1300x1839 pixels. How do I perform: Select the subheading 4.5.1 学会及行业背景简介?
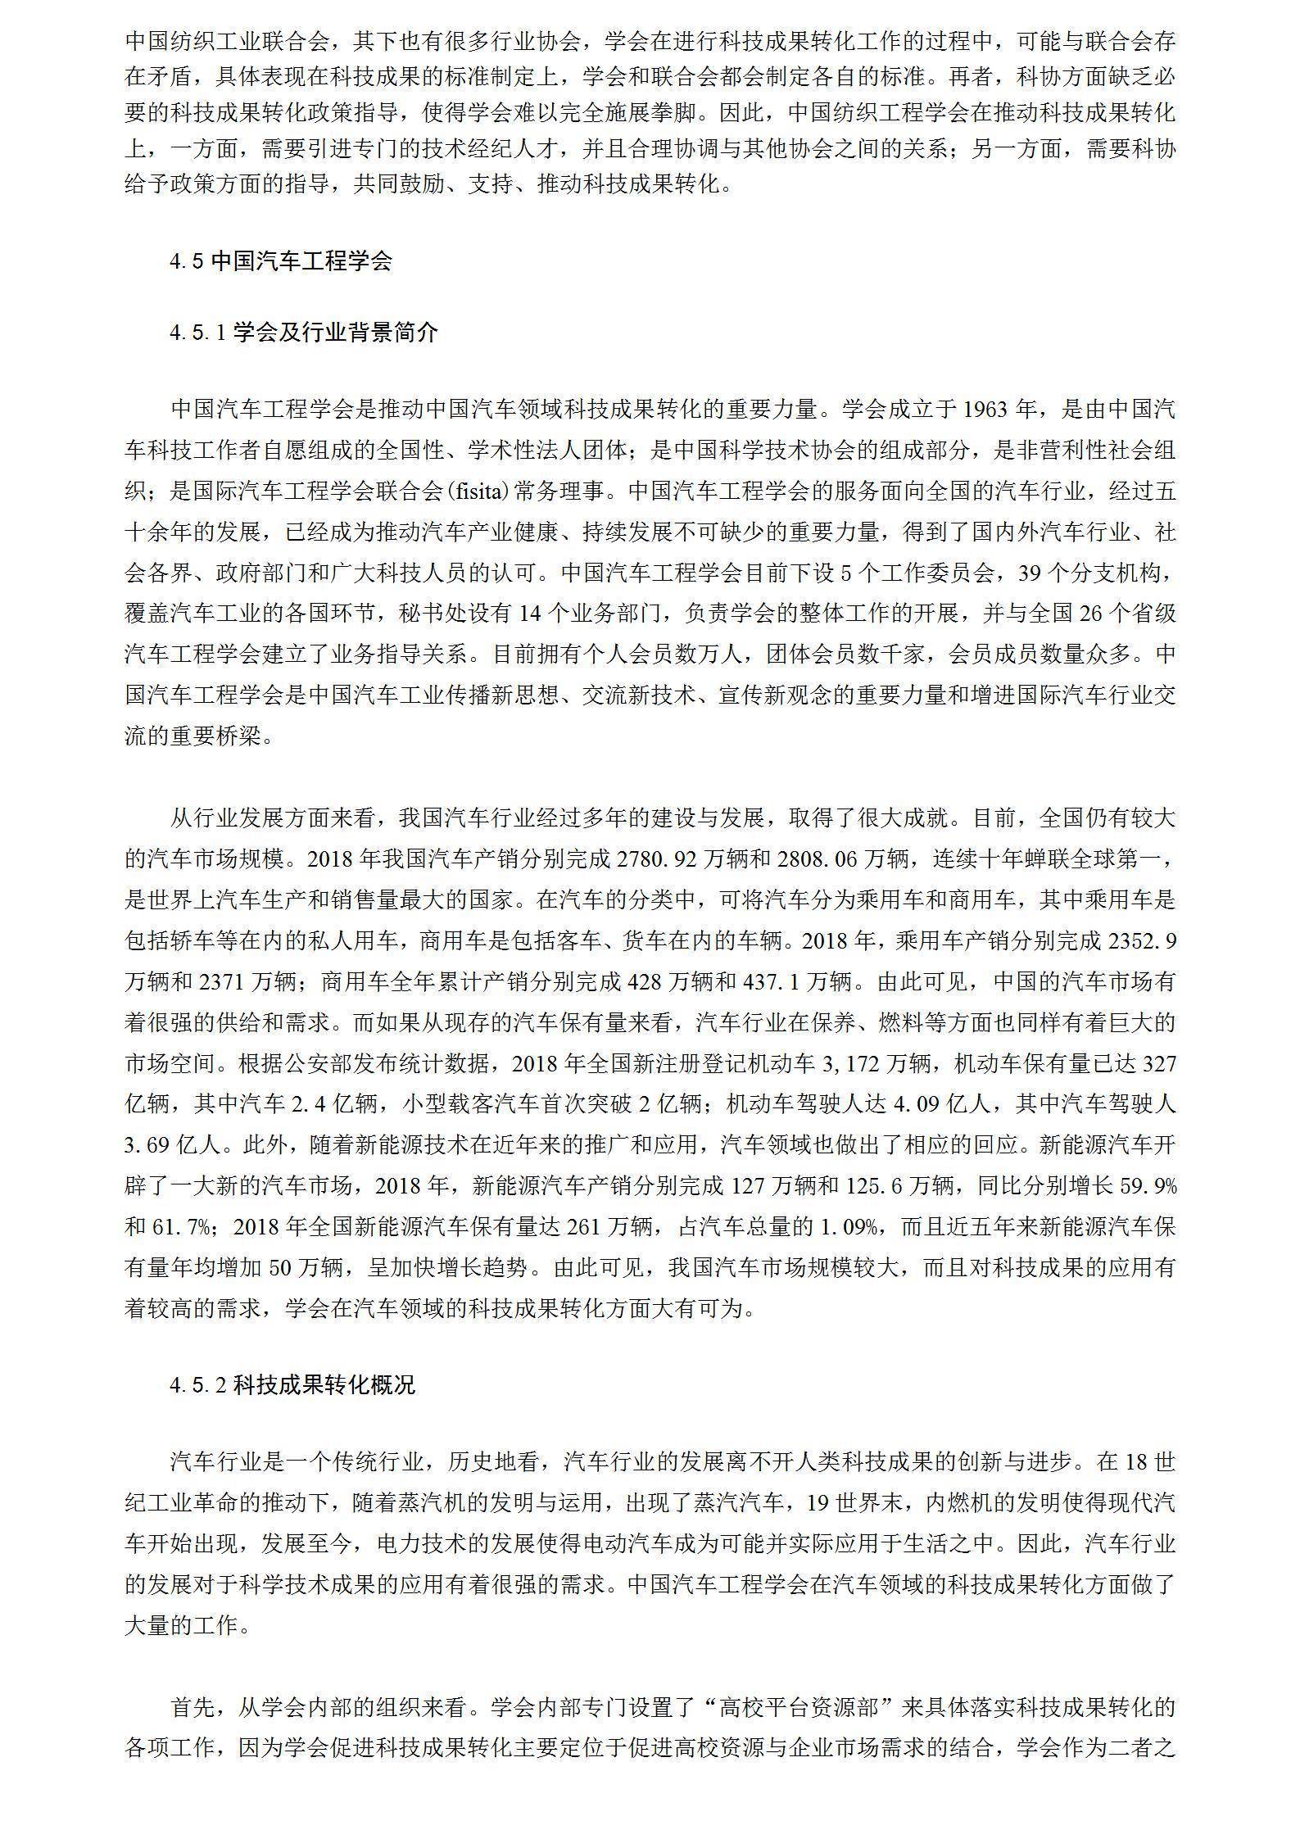(x=304, y=333)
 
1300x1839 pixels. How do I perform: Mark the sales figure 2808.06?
(x=863, y=859)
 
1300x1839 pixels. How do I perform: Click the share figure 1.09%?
(x=850, y=1227)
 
